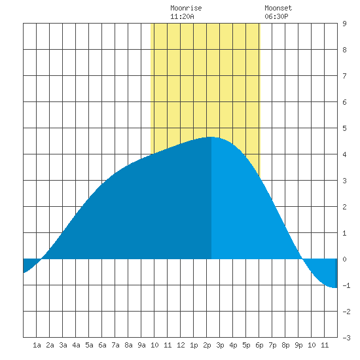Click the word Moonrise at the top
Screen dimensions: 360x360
click(x=186, y=8)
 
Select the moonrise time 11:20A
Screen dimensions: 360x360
click(x=182, y=16)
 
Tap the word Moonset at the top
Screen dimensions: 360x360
click(x=278, y=8)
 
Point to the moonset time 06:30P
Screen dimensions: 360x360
click(x=276, y=16)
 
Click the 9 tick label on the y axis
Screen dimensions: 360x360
click(x=344, y=24)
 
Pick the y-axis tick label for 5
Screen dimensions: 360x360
click(x=344, y=128)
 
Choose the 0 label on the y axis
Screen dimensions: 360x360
click(x=344, y=259)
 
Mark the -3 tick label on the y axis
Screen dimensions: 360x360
click(x=346, y=338)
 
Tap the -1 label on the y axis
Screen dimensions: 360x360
click(x=346, y=285)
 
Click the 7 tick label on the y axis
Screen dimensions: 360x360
click(x=344, y=76)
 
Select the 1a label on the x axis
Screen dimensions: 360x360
click(x=37, y=345)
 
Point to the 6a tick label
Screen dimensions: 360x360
click(x=102, y=345)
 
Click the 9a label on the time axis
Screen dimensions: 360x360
click(x=141, y=345)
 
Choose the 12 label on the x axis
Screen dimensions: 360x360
click(x=181, y=345)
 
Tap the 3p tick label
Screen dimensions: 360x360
click(x=220, y=345)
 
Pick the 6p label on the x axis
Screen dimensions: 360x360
click(x=259, y=345)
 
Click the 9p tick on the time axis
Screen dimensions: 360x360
click(x=298, y=345)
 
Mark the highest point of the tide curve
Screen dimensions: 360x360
click(x=211, y=137)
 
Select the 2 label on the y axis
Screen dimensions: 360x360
click(x=344, y=207)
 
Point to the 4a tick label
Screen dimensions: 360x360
click(x=76, y=345)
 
